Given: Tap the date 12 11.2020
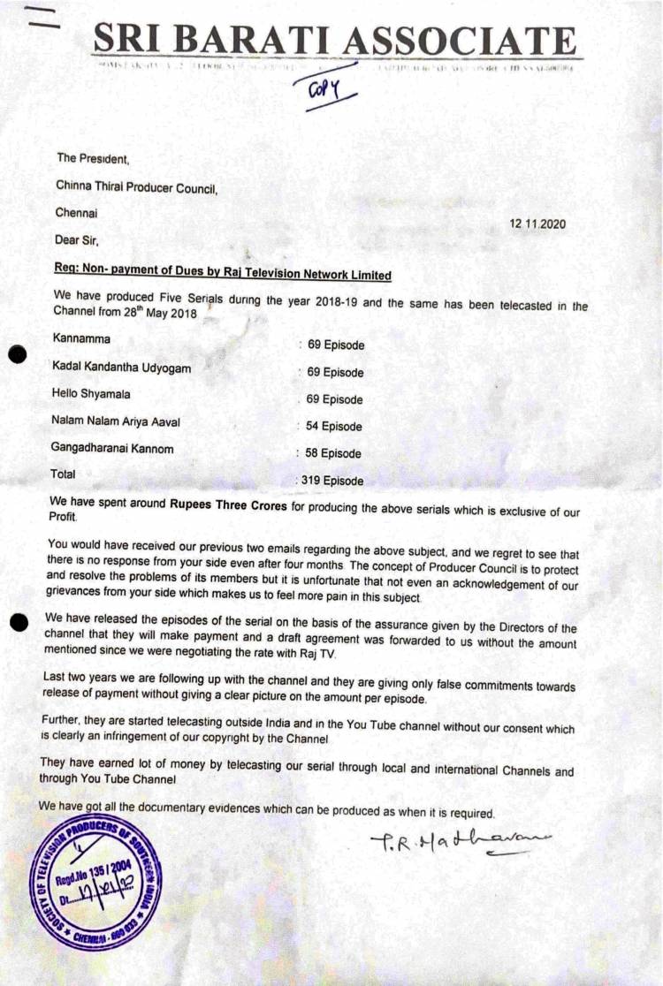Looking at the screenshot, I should [537, 224].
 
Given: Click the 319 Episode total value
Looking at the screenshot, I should [331, 482].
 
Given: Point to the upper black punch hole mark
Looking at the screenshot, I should [15, 355].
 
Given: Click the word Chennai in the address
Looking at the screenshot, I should [78, 213].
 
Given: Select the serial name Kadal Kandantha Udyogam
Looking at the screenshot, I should [121, 368].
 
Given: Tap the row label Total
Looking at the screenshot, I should [64, 474].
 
